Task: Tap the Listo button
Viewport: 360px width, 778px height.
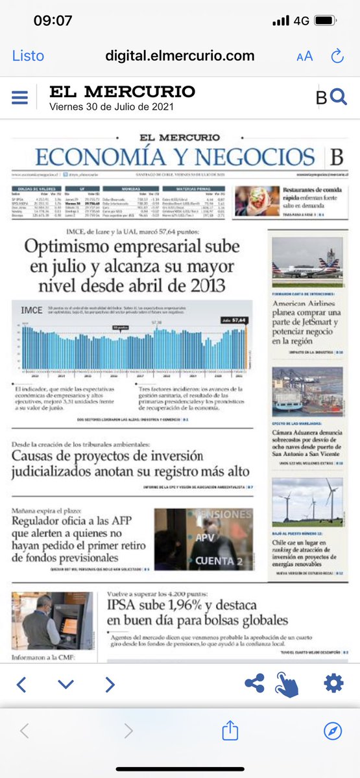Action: pyautogui.click(x=28, y=56)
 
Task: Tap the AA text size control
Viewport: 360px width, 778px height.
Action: pyautogui.click(x=304, y=56)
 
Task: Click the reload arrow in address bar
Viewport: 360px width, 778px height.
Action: pyautogui.click(x=337, y=56)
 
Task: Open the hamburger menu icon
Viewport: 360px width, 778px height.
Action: pyautogui.click(x=20, y=98)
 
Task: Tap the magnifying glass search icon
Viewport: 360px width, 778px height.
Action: pyautogui.click(x=339, y=97)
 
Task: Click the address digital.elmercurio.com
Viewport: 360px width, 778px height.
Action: pyautogui.click(x=180, y=56)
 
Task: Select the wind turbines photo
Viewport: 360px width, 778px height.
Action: pyautogui.click(x=307, y=501)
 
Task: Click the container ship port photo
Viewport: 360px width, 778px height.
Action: pyautogui.click(x=307, y=392)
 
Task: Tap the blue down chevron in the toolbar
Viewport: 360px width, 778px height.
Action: pyautogui.click(x=66, y=684)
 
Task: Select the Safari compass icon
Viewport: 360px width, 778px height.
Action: pyautogui.click(x=333, y=731)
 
